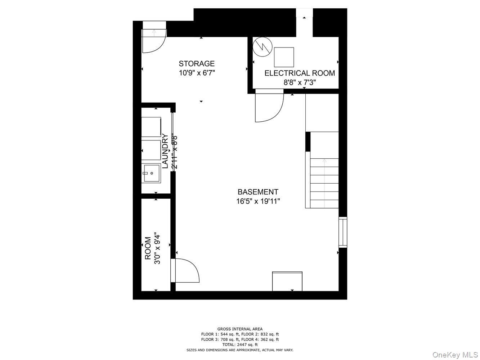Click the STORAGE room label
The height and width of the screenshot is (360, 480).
click(x=197, y=64)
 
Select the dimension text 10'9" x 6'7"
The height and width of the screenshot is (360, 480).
click(x=197, y=73)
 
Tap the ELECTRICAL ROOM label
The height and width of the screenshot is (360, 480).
click(x=300, y=73)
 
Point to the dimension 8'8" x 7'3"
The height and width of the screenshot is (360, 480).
click(x=300, y=82)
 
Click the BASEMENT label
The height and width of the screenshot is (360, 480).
click(x=258, y=192)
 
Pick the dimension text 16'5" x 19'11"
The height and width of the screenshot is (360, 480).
click(x=258, y=202)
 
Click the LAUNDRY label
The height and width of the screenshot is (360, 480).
click(x=165, y=151)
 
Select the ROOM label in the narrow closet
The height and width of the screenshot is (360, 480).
click(x=148, y=248)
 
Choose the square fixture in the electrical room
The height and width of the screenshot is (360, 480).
click(x=284, y=57)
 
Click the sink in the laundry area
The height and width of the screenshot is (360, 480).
click(x=151, y=173)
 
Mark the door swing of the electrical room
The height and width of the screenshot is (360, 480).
click(x=269, y=107)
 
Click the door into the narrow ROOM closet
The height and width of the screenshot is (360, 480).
click(x=185, y=270)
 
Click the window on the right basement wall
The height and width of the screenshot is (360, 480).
click(x=343, y=232)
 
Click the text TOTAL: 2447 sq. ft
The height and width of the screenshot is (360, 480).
click(x=240, y=345)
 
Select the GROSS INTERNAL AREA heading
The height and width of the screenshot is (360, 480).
click(x=240, y=329)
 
